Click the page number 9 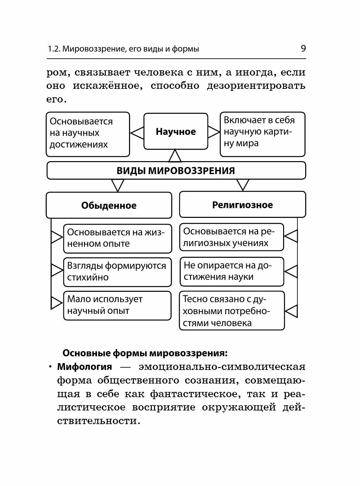click(303, 49)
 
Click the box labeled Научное click(176, 131)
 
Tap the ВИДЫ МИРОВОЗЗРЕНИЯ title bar click(176, 171)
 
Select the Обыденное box click(109, 205)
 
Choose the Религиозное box click(243, 205)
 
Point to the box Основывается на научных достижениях click(88, 134)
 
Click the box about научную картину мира click(262, 134)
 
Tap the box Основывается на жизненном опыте click(117, 238)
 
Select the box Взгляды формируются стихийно click(117, 272)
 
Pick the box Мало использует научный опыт click(117, 305)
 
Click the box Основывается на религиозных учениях click(232, 237)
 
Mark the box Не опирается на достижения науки click(232, 271)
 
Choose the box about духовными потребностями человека click(232, 311)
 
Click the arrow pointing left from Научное click(137, 133)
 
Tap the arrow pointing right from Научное click(214, 132)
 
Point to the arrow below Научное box click(175, 156)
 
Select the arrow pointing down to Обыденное click(118, 185)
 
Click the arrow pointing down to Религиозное click(243, 185)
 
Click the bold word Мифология click(85, 367)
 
